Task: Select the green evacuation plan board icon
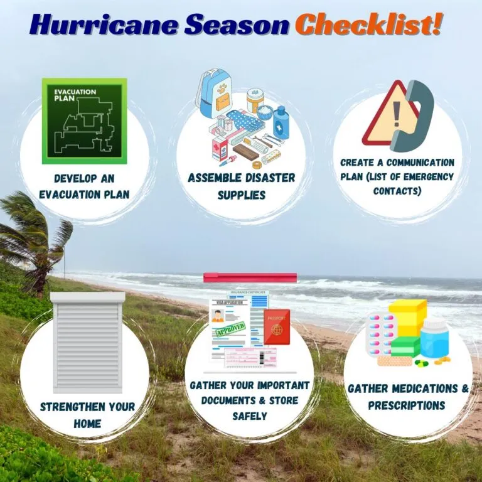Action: (x=84, y=120)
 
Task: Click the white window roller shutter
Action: (x=87, y=341)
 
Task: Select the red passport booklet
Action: (x=277, y=326)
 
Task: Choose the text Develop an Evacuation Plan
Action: (x=84, y=186)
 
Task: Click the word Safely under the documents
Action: (x=250, y=415)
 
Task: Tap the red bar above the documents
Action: (x=250, y=277)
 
